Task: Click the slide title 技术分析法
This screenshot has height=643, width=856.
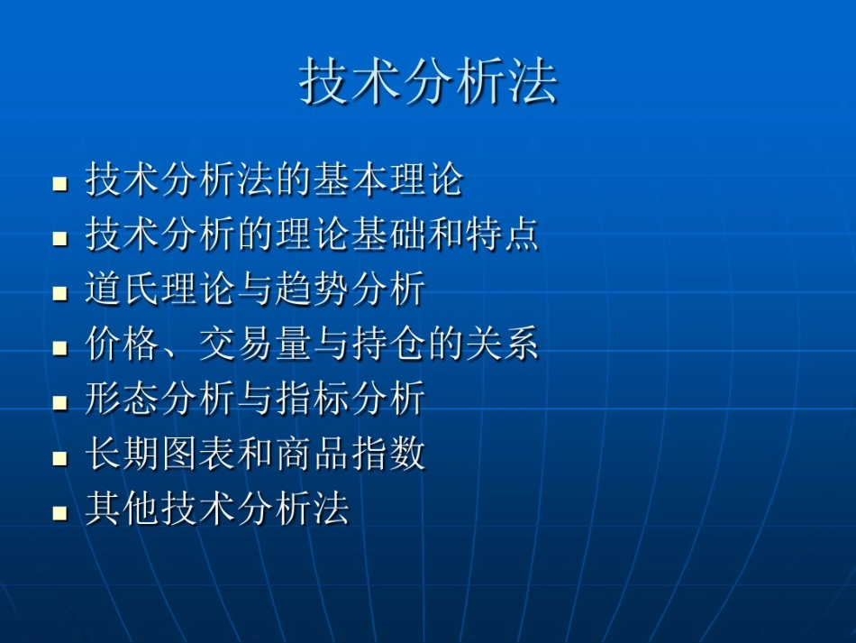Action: pyautogui.click(x=428, y=83)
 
